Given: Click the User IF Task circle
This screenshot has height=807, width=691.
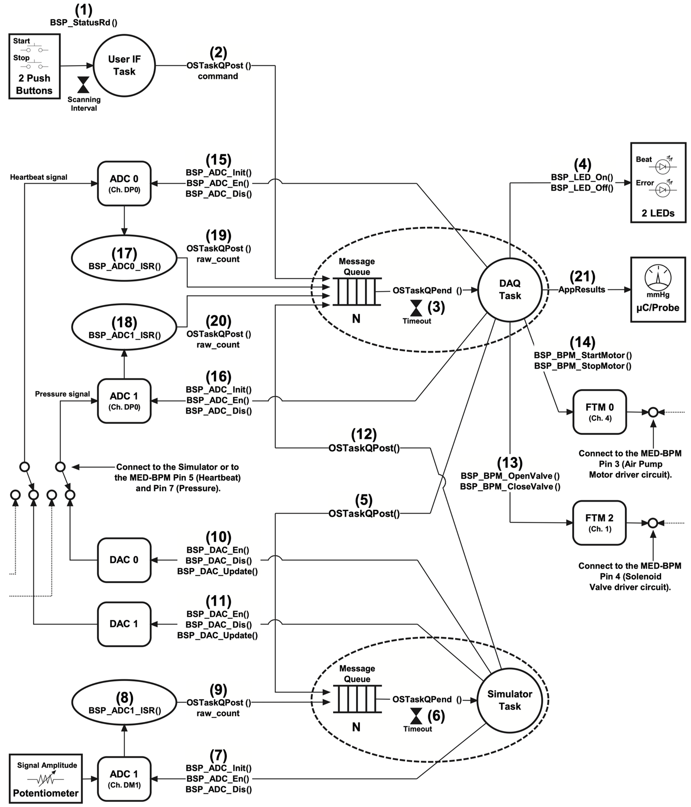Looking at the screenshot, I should tap(124, 65).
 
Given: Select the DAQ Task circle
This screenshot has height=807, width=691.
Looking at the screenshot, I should tap(510, 290).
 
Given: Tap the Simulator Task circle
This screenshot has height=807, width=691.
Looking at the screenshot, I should tap(510, 700).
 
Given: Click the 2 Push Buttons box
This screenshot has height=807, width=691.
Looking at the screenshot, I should tap(35, 66).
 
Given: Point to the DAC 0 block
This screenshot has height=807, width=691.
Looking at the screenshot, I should tap(124, 560).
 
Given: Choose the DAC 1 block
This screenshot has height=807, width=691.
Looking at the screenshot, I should tap(124, 624).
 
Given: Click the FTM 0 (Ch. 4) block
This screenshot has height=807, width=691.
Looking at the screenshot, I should tap(599, 412).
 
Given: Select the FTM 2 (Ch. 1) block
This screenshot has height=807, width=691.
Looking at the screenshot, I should tap(599, 523).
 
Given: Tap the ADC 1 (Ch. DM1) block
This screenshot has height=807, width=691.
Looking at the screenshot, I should tap(124, 778).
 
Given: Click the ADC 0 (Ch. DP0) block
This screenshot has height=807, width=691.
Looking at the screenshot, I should tap(124, 183).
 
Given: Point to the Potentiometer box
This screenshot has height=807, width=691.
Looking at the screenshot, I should tap(46, 778).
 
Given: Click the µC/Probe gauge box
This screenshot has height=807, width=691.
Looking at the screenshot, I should tap(658, 289).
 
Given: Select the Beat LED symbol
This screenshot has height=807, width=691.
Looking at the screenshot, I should tap(662, 166).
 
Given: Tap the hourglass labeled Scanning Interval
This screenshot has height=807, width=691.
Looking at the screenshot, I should tap(83, 85).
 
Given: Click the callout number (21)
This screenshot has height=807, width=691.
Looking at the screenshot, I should tap(582, 276).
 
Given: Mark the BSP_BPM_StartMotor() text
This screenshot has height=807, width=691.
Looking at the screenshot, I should tap(582, 355).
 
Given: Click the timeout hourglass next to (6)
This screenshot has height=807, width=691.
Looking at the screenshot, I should tap(416, 716).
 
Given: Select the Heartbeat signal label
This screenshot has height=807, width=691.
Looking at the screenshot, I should tap(39, 177).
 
